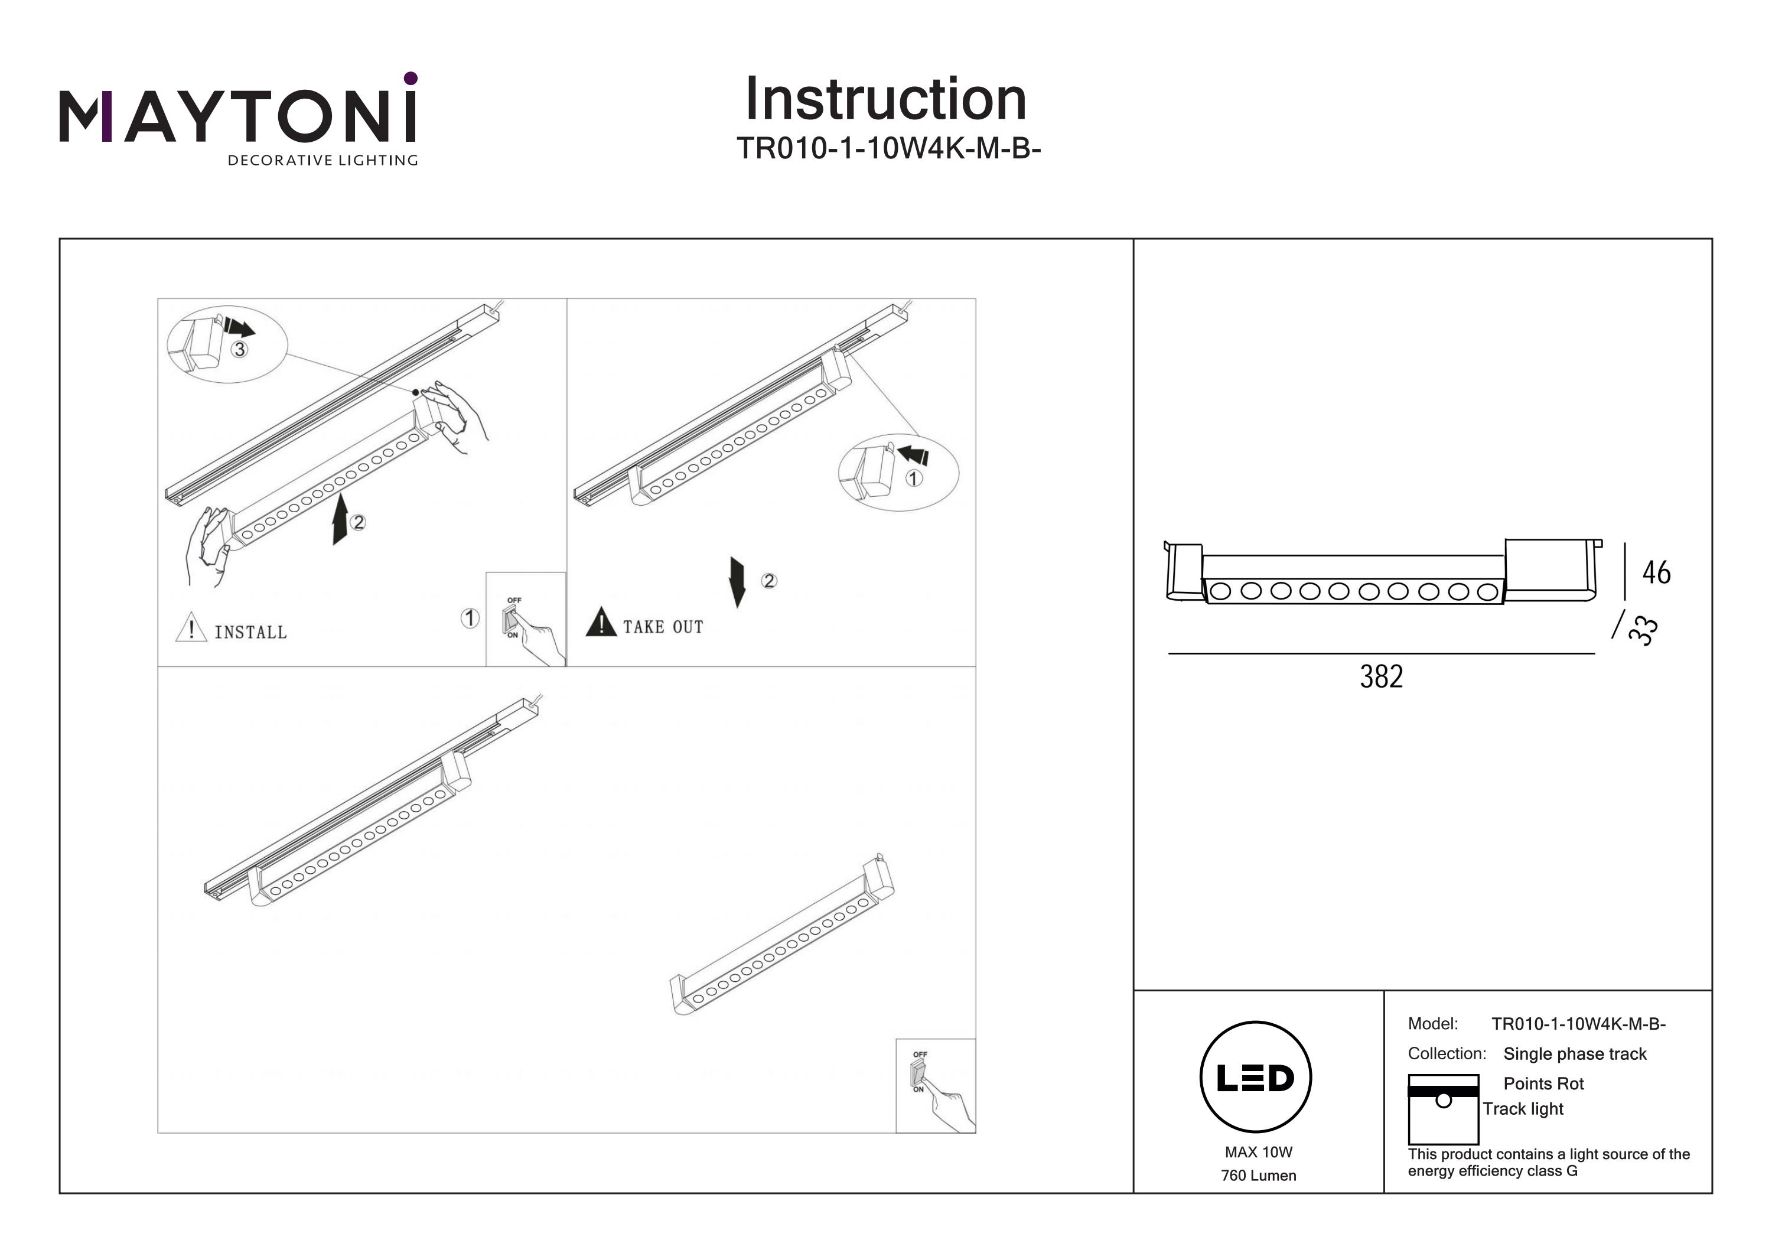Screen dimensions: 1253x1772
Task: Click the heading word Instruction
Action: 885,100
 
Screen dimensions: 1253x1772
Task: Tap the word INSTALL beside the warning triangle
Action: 250,632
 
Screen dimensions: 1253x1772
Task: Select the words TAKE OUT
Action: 663,627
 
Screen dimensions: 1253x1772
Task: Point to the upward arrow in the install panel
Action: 340,520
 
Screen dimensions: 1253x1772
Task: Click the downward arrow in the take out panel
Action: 737,581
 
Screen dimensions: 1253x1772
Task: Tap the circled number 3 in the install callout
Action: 240,350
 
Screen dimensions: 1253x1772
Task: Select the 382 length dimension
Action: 1381,677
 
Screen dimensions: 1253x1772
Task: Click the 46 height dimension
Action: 1656,573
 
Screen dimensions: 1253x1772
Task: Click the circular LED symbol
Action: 1256,1078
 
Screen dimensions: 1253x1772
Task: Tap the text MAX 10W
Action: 1258,1153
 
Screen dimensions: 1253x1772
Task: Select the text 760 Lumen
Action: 1258,1176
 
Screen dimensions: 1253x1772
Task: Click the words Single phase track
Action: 1575,1054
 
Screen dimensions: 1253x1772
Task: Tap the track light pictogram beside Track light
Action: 1443,1109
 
